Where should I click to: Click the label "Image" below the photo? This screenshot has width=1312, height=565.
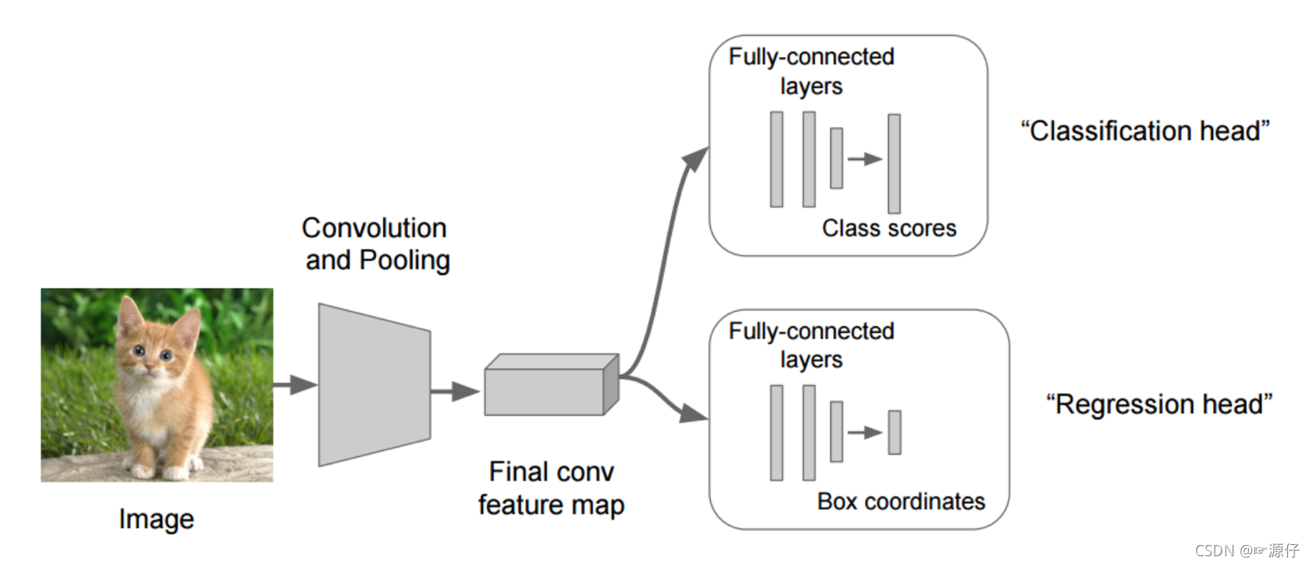point(156,520)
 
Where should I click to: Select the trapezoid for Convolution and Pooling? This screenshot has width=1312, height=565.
point(373,385)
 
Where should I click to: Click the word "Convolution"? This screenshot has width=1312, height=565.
point(373,228)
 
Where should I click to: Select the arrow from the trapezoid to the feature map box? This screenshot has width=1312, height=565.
point(455,391)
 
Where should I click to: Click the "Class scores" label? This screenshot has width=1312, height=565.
point(889,229)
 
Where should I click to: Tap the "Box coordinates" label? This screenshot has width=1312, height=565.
point(901,502)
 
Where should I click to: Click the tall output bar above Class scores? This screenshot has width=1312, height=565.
point(894,164)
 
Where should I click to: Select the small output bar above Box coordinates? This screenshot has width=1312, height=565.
point(895,433)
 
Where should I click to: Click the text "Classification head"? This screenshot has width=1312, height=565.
point(1145,131)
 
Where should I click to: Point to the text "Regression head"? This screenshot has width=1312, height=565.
point(1159,405)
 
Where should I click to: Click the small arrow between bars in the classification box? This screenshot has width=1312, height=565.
point(865,159)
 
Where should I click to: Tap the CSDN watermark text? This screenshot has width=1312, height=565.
point(1247,551)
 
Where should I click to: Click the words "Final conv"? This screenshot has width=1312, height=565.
point(551,472)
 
